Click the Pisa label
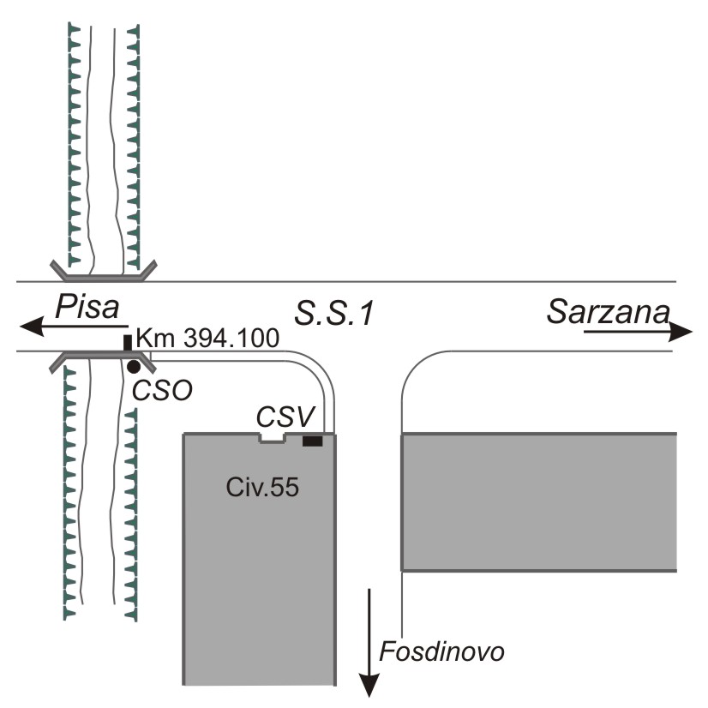pyautogui.click(x=86, y=307)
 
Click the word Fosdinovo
pyautogui.click(x=443, y=651)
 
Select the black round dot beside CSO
pyautogui.click(x=134, y=367)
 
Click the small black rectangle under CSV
pyautogui.click(x=313, y=441)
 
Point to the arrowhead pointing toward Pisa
pyautogui.click(x=31, y=327)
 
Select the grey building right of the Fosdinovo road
pyautogui.click(x=540, y=501)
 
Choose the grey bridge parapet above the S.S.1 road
pyautogui.click(x=103, y=274)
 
